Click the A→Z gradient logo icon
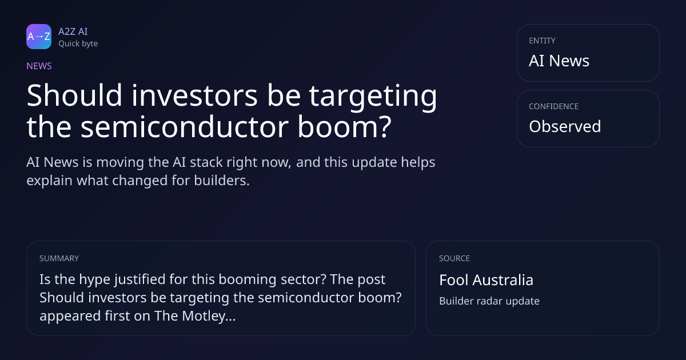click(39, 37)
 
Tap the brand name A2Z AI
click(73, 31)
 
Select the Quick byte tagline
click(78, 44)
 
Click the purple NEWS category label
click(39, 66)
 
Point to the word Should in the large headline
click(75, 95)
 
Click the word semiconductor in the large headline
click(185, 127)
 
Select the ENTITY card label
click(542, 41)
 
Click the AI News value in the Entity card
click(559, 61)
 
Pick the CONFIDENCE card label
click(554, 106)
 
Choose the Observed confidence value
click(565, 126)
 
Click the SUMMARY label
click(59, 258)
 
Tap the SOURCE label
click(454, 258)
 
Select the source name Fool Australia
click(486, 280)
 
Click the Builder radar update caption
click(489, 301)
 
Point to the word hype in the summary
click(95, 280)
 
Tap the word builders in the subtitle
click(222, 181)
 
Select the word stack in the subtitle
click(206, 162)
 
